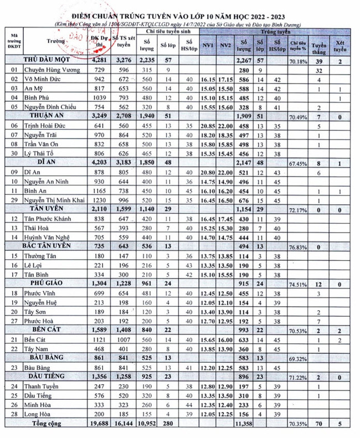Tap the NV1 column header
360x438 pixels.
pyautogui.click(x=208, y=44)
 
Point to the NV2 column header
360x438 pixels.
pyautogui.click(x=225, y=44)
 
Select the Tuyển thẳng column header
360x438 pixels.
pyautogui.click(x=319, y=45)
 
